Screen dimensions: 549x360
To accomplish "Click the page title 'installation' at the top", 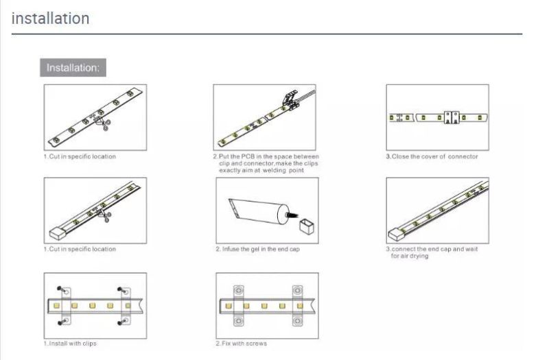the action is tap(50, 19).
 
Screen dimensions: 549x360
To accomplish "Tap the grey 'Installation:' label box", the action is tap(73, 67).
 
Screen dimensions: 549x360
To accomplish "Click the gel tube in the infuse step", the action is tap(258, 211).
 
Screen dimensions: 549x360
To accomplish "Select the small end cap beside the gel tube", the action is tap(306, 226).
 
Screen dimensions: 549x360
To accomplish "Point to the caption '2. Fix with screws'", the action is tap(242, 344).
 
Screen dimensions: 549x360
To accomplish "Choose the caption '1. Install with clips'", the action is tap(70, 344).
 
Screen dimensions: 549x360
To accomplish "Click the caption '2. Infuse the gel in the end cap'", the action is tap(258, 249).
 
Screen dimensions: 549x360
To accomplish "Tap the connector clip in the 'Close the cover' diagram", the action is tap(452, 117).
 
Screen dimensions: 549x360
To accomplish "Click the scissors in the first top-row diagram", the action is tap(104, 123).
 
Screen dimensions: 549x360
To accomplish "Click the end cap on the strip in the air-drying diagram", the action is tap(396, 234).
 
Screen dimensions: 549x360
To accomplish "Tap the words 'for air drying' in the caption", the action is tap(409, 256).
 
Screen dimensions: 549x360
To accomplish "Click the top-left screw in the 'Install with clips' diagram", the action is tap(60, 289).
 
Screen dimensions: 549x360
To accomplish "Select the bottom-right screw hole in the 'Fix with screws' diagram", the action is tap(297, 320).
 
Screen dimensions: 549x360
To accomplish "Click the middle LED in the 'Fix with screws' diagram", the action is tap(264, 306).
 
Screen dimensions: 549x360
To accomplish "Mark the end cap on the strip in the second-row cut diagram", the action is tap(57, 233).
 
